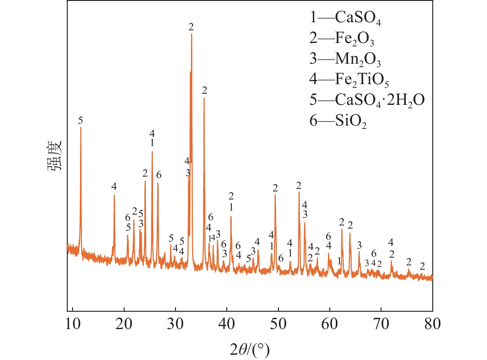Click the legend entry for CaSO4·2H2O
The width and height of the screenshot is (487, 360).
click(x=367, y=100)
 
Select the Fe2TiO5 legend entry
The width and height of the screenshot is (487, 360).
click(x=349, y=79)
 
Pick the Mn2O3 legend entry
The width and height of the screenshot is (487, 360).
click(x=345, y=59)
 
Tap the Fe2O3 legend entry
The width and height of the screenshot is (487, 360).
click(x=342, y=38)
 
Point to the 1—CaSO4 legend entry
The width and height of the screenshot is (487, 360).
click(x=345, y=17)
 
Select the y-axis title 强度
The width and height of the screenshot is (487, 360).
click(x=55, y=156)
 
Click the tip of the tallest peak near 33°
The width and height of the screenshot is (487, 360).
click(x=192, y=34)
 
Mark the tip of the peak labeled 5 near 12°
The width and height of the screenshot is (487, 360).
click(x=81, y=127)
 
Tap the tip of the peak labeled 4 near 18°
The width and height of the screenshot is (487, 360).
click(x=114, y=195)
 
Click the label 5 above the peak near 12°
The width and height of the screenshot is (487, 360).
click(x=81, y=120)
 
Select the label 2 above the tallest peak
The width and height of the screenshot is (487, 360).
click(x=191, y=27)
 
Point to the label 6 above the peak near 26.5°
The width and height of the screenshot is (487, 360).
click(x=159, y=175)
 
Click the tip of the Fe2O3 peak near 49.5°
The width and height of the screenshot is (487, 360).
click(x=275, y=195)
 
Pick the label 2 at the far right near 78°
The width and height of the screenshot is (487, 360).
click(x=422, y=266)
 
